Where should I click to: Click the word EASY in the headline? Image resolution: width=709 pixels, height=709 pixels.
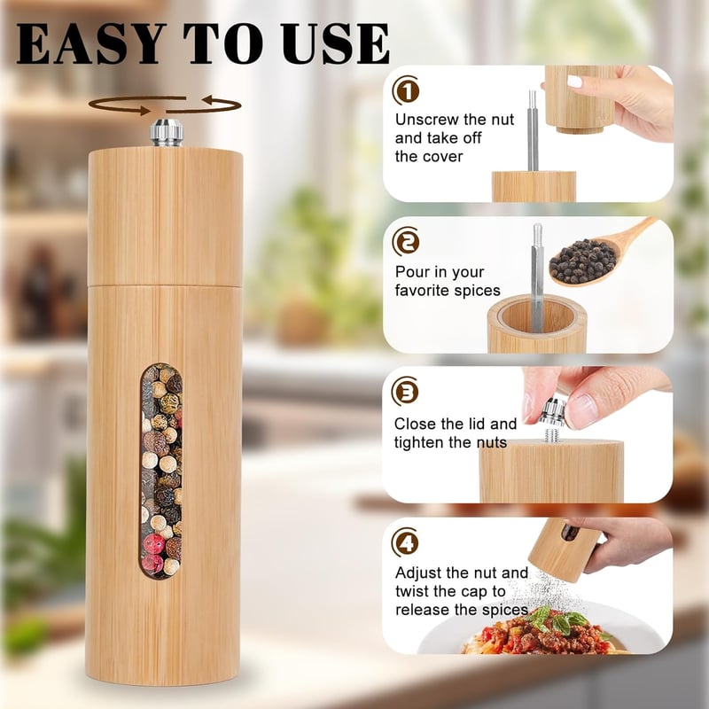click(88, 43)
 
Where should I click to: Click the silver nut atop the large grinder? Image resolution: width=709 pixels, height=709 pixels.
click(167, 132)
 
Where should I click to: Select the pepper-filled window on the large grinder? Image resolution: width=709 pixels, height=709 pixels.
click(161, 471)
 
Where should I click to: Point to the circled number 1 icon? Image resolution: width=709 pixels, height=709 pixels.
click(406, 90)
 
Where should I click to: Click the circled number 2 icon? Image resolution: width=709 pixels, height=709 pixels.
click(406, 241)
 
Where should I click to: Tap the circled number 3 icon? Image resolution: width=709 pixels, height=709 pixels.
click(405, 392)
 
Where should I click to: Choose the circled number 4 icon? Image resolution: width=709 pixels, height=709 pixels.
click(405, 542)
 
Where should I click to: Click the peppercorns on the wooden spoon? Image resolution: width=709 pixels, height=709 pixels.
click(583, 261)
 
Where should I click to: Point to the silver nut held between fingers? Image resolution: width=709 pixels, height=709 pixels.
click(551, 412)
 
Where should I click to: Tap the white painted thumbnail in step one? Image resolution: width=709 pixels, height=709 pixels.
click(574, 82)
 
